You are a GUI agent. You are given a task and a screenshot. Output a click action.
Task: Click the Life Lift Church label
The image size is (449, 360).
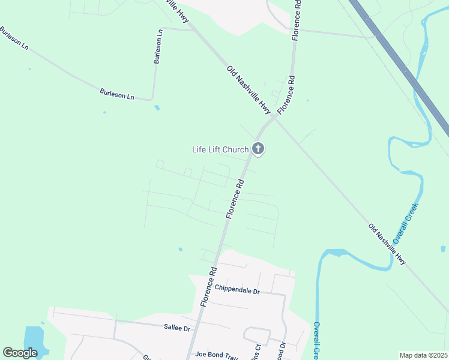220,149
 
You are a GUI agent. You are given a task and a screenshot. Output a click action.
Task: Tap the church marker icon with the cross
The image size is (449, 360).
258,148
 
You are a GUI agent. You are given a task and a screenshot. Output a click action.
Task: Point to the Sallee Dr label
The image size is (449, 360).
176,328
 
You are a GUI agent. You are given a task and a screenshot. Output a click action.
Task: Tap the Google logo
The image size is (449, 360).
20,353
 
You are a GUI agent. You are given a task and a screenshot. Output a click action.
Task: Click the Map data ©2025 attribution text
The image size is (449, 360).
424,355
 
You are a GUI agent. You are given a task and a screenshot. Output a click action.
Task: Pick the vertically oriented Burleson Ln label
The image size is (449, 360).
158,47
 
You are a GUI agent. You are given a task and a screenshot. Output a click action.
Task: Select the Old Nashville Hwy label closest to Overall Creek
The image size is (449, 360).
388,244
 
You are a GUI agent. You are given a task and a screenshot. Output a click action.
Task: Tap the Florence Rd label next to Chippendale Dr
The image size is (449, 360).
208,287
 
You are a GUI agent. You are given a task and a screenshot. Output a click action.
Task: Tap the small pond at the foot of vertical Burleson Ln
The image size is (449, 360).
157,108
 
